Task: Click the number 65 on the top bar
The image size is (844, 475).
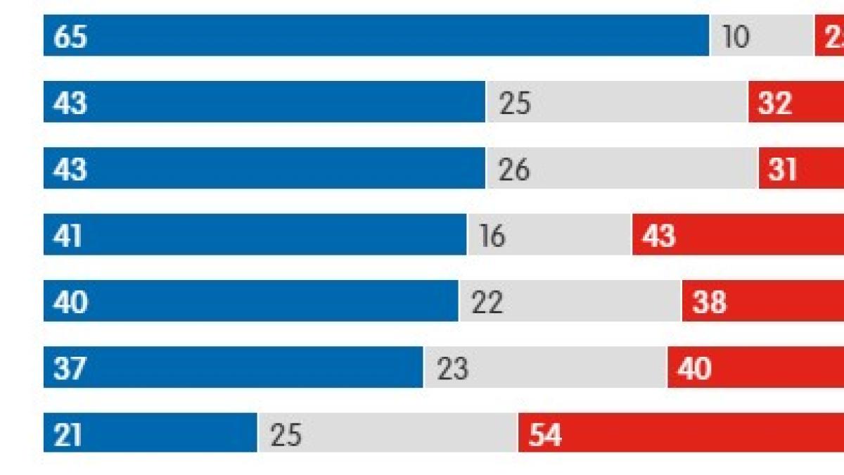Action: (70, 37)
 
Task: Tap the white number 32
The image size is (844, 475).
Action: (775, 103)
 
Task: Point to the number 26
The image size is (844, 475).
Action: (514, 169)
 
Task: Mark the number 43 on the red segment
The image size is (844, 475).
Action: (658, 236)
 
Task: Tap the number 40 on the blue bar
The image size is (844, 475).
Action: (70, 302)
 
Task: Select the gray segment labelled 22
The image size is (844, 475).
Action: (570, 301)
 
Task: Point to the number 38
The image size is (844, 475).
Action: (709, 302)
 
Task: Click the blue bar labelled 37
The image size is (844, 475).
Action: (233, 367)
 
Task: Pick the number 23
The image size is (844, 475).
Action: (452, 369)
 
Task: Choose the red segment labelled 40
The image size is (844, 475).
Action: (755, 367)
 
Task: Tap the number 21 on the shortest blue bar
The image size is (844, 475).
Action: (68, 435)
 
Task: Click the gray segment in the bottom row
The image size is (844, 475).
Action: (388, 433)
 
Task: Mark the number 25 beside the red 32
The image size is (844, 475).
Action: (515, 103)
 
